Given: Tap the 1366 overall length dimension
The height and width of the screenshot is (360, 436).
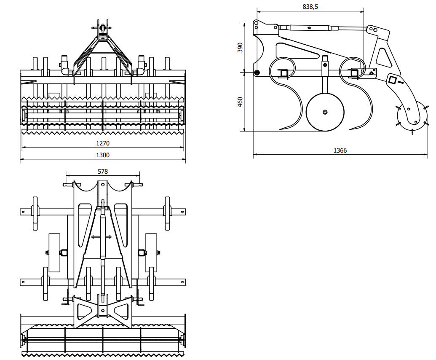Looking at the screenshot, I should (340, 150).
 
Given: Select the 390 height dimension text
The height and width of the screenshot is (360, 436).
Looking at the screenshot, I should (241, 48).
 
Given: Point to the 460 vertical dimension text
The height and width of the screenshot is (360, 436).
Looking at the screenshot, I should (241, 102).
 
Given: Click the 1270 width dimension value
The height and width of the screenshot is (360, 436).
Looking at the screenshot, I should (102, 143).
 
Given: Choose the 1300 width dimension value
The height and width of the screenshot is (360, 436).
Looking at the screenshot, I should (102, 155).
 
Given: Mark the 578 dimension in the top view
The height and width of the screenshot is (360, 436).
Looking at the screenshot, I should (102, 172).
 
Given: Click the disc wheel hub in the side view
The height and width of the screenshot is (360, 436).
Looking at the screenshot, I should (325, 112).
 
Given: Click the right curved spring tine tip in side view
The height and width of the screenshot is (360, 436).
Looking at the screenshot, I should (352, 129).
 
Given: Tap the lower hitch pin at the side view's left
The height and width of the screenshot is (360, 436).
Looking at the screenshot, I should (257, 73).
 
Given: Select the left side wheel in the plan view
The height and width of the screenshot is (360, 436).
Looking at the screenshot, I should (54, 253).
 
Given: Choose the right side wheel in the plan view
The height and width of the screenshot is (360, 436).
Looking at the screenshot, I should (151, 253).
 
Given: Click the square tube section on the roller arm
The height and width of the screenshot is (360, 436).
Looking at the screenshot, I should (393, 80).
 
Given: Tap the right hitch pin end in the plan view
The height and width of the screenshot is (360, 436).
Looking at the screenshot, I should (140, 184).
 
